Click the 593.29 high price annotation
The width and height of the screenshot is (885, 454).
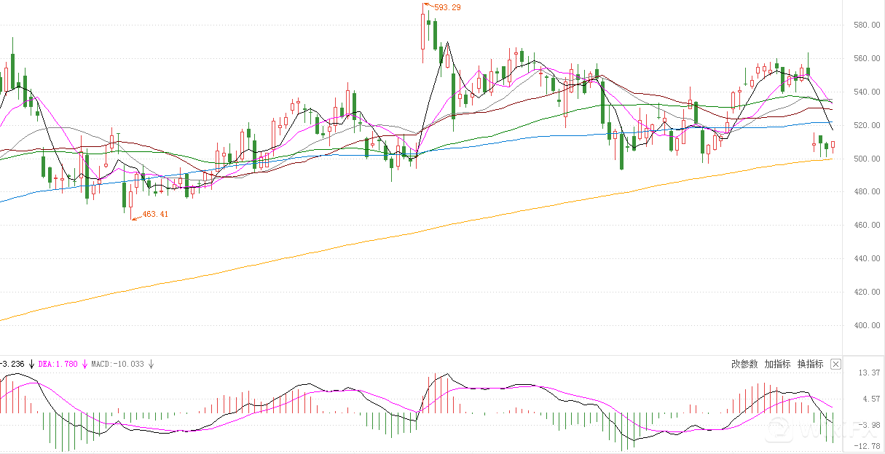point(447,7)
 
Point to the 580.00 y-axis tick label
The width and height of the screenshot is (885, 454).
point(863,25)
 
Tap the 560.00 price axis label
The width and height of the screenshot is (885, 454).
point(863,59)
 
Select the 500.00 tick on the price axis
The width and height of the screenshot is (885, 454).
point(863,159)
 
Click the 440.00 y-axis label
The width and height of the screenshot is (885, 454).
point(863,259)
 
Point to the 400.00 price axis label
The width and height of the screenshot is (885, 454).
point(863,326)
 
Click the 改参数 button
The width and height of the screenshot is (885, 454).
point(744,364)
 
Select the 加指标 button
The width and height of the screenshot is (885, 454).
point(777,364)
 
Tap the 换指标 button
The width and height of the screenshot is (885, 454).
point(810,364)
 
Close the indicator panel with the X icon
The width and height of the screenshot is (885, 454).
point(835,364)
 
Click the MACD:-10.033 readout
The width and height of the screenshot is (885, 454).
point(117,364)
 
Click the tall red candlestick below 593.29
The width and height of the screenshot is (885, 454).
point(423,32)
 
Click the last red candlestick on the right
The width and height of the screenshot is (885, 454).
point(833,146)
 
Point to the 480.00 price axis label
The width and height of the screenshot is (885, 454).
point(863,192)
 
